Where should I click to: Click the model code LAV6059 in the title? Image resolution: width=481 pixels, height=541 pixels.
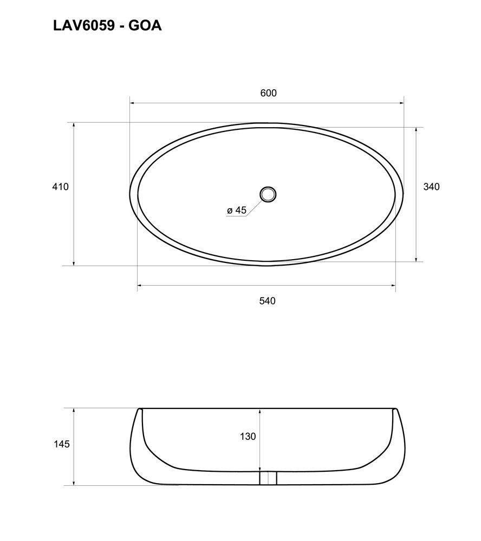(83, 25)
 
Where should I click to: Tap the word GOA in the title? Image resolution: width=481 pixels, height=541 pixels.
(145, 25)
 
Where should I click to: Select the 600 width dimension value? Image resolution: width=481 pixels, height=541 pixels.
(269, 93)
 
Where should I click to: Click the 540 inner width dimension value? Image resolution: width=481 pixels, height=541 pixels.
(268, 301)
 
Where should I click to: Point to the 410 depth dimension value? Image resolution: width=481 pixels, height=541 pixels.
(61, 187)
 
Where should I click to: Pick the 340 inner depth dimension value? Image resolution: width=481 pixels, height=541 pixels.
(432, 187)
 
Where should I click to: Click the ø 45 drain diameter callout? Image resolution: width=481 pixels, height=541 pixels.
(237, 210)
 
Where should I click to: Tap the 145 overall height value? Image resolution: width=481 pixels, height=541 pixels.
(62, 444)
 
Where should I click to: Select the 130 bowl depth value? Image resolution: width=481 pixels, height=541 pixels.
(248, 437)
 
